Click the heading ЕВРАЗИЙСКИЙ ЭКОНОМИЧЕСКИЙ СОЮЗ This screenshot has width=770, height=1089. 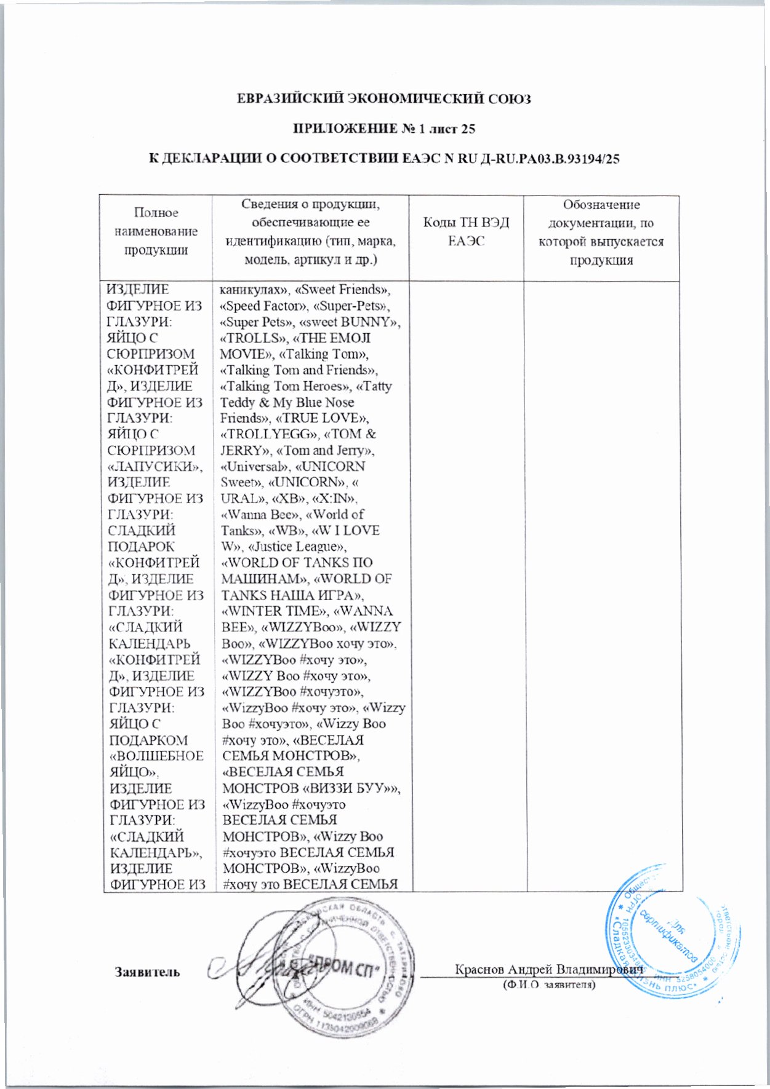384,98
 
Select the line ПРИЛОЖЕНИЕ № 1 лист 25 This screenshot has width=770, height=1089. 383,129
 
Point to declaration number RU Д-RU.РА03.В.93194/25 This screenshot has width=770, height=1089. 530,159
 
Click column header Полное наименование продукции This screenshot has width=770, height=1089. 156,231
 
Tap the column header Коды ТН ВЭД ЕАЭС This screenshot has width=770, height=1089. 466,231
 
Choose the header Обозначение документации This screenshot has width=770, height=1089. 601,232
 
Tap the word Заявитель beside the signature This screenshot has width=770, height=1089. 147,972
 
